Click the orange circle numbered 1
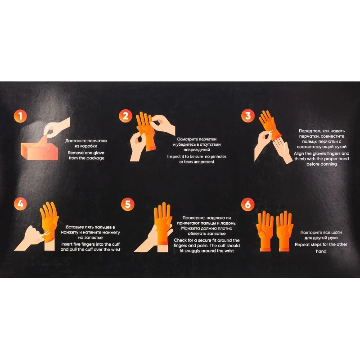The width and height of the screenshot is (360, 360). point(20,116)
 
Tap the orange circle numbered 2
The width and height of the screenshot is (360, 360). point(126,116)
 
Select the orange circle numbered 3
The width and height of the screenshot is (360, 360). point(248,116)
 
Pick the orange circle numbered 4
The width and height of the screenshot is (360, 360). point(20,204)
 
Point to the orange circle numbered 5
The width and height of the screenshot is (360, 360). point(128,204)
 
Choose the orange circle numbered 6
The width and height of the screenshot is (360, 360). point(248,204)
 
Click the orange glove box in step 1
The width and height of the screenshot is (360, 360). point(40,150)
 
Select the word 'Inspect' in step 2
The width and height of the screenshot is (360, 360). point(175,157)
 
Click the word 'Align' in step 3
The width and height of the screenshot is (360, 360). point(299,154)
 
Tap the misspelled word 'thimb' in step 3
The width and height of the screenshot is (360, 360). point(300,159)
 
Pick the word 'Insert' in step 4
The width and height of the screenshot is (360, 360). point(67,244)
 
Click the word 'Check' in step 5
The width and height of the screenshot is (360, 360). point(180,240)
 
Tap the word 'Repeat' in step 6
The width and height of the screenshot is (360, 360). point(302,245)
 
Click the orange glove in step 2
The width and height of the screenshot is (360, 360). point(145,131)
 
